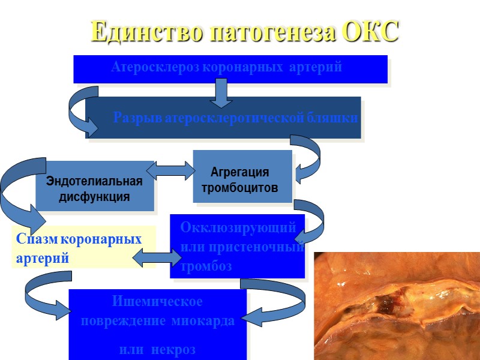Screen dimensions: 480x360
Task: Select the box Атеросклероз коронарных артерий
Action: [230, 68]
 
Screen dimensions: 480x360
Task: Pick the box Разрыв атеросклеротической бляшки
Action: [223, 118]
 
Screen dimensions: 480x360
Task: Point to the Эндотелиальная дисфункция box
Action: [94, 188]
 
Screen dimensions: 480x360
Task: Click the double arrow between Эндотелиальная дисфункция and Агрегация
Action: [173, 171]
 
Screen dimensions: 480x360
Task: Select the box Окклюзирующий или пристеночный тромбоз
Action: [237, 247]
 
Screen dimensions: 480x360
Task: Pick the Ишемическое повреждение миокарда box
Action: [158, 324]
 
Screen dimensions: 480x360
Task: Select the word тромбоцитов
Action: [239, 188]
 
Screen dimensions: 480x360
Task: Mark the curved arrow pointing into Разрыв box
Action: [81, 114]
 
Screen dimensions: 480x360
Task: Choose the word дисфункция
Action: [94, 196]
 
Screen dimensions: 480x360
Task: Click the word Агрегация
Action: [240, 173]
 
